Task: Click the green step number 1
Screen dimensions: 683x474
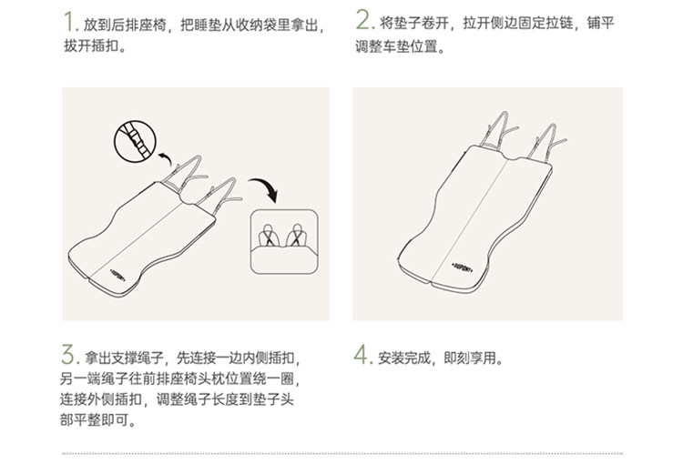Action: (69, 22)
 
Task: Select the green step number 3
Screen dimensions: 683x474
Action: (68, 355)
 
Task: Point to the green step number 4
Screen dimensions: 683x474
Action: (362, 354)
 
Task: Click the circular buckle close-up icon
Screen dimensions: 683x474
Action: (135, 142)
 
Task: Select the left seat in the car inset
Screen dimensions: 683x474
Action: (268, 236)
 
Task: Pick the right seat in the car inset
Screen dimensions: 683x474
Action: (297, 236)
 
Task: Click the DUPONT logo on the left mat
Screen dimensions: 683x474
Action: (117, 275)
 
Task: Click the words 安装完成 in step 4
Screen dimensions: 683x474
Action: (403, 358)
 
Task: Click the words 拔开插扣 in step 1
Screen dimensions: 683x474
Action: (90, 45)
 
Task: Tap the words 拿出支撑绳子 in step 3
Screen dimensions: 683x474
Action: (124, 358)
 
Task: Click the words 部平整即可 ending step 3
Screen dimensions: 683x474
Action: (94, 419)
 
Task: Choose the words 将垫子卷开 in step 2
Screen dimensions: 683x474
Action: (413, 23)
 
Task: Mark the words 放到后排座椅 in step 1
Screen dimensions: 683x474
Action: (125, 25)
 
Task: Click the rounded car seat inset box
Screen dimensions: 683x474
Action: (284, 242)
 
